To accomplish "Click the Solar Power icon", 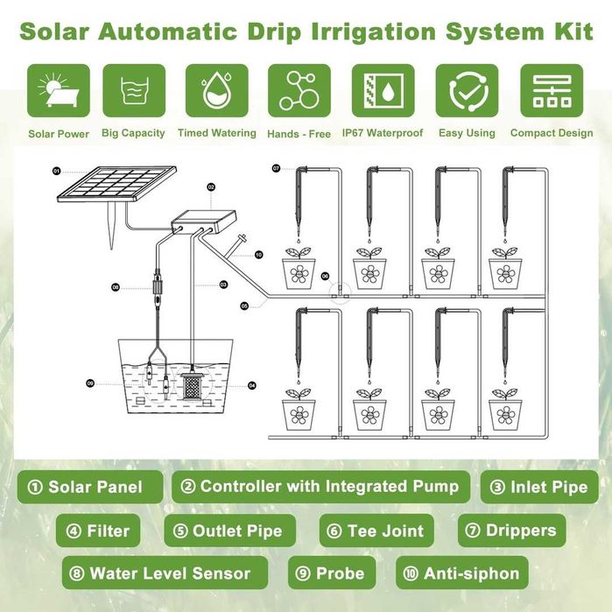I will pyautogui.click(x=59, y=91).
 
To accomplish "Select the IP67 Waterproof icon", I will pyautogui.click(x=382, y=91).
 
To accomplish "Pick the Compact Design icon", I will pyautogui.click(x=552, y=91).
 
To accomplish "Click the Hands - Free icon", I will pyautogui.click(x=299, y=91).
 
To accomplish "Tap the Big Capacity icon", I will pyautogui.click(x=133, y=91).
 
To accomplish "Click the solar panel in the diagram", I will pyautogui.click(x=97, y=186).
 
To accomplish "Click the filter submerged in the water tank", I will pyautogui.click(x=191, y=385).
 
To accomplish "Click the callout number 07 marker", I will pyautogui.click(x=276, y=167).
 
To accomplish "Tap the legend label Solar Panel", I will pyautogui.click(x=94, y=487).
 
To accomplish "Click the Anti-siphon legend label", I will pyautogui.click(x=461, y=574).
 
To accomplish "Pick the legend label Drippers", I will pyautogui.click(x=511, y=531).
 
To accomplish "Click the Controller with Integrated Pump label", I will pyautogui.click(x=320, y=487).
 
